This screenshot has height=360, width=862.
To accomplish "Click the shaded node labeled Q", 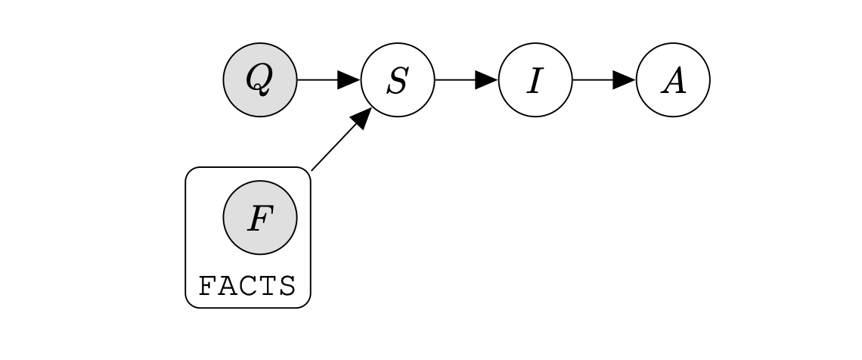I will click(x=259, y=79).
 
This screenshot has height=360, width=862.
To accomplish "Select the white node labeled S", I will click(x=398, y=79).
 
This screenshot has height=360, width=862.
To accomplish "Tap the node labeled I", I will click(x=535, y=79).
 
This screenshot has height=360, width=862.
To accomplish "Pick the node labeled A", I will click(x=673, y=79).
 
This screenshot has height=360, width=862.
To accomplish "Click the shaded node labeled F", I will click(x=259, y=218).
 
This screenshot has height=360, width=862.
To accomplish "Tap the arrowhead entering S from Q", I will click(x=349, y=79).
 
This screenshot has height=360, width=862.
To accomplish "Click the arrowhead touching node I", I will click(x=487, y=79).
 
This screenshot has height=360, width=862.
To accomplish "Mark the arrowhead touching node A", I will click(x=625, y=79).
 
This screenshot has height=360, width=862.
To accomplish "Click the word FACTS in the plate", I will click(x=247, y=287).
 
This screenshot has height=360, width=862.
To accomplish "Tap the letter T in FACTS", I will click(x=265, y=287).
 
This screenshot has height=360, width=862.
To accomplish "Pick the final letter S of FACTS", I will click(x=285, y=287).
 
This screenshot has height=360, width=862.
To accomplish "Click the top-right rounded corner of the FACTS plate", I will click(x=306, y=172).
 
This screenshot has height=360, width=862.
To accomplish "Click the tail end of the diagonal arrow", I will click(x=313, y=169).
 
